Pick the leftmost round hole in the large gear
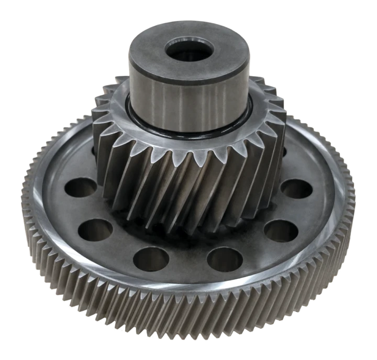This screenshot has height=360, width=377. [82, 188]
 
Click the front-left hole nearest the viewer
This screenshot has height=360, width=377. [151, 258]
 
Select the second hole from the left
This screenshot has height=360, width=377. [96, 229]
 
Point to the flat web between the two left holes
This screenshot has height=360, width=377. [79, 210]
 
